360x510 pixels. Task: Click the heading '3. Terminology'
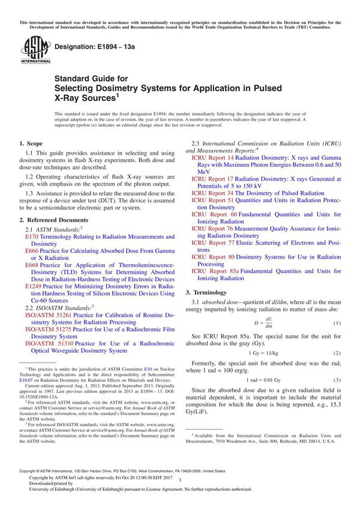[209, 292]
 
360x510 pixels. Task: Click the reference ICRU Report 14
[213, 157]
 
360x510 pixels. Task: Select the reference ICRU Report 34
[213, 193]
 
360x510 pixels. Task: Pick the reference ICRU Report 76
[213, 229]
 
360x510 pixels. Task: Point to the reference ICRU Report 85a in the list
[215, 271]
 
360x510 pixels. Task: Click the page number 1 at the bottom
[180, 490]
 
